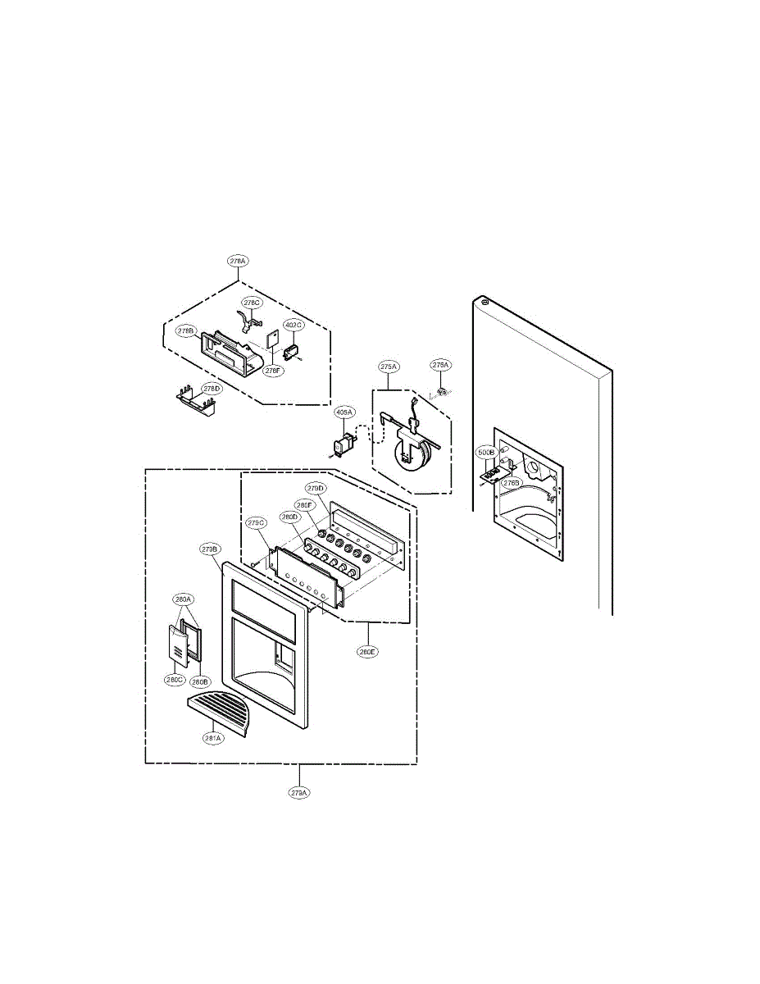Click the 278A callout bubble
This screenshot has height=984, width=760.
click(x=238, y=260)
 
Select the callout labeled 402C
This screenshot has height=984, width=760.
click(x=294, y=325)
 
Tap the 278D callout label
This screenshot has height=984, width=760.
click(x=212, y=388)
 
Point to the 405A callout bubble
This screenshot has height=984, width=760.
click(x=344, y=412)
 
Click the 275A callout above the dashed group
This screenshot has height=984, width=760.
click(x=389, y=366)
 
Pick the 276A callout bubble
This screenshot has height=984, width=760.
click(x=440, y=364)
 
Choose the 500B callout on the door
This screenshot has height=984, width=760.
click(x=486, y=452)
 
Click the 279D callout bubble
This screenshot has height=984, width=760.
click(x=316, y=489)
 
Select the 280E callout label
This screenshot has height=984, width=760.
click(x=366, y=653)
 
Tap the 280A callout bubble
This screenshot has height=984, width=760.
click(x=184, y=599)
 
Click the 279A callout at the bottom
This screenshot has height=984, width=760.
click(x=299, y=793)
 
